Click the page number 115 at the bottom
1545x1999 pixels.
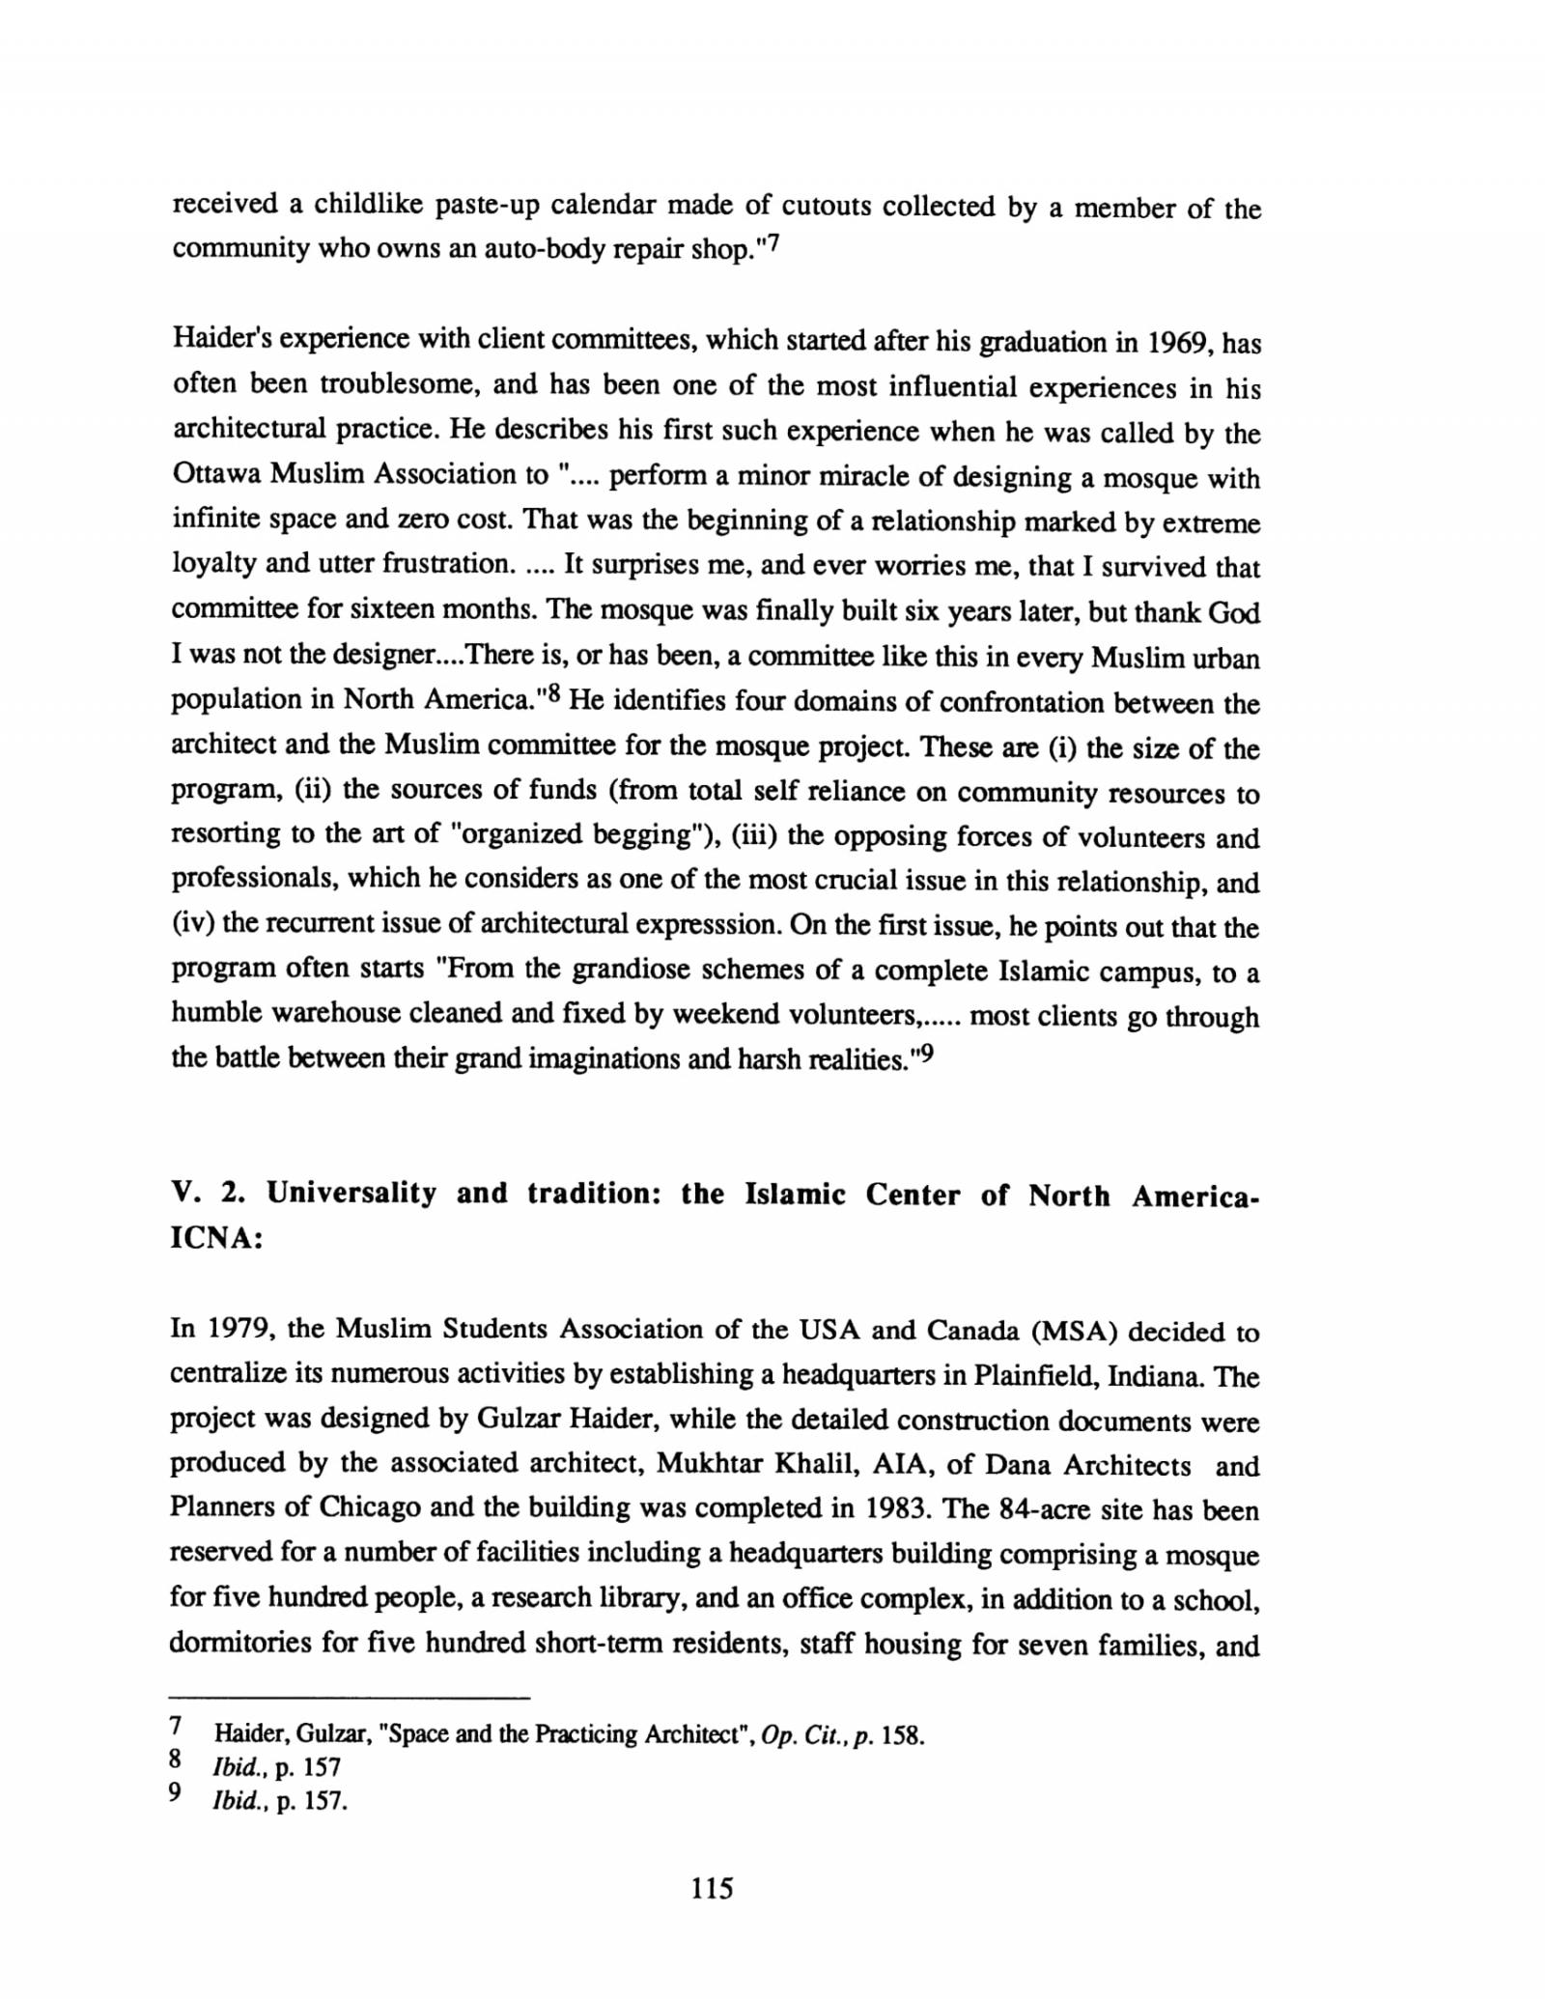click(x=713, y=1887)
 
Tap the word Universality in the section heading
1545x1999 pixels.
click(x=351, y=1194)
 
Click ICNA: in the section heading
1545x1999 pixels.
click(x=217, y=1239)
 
